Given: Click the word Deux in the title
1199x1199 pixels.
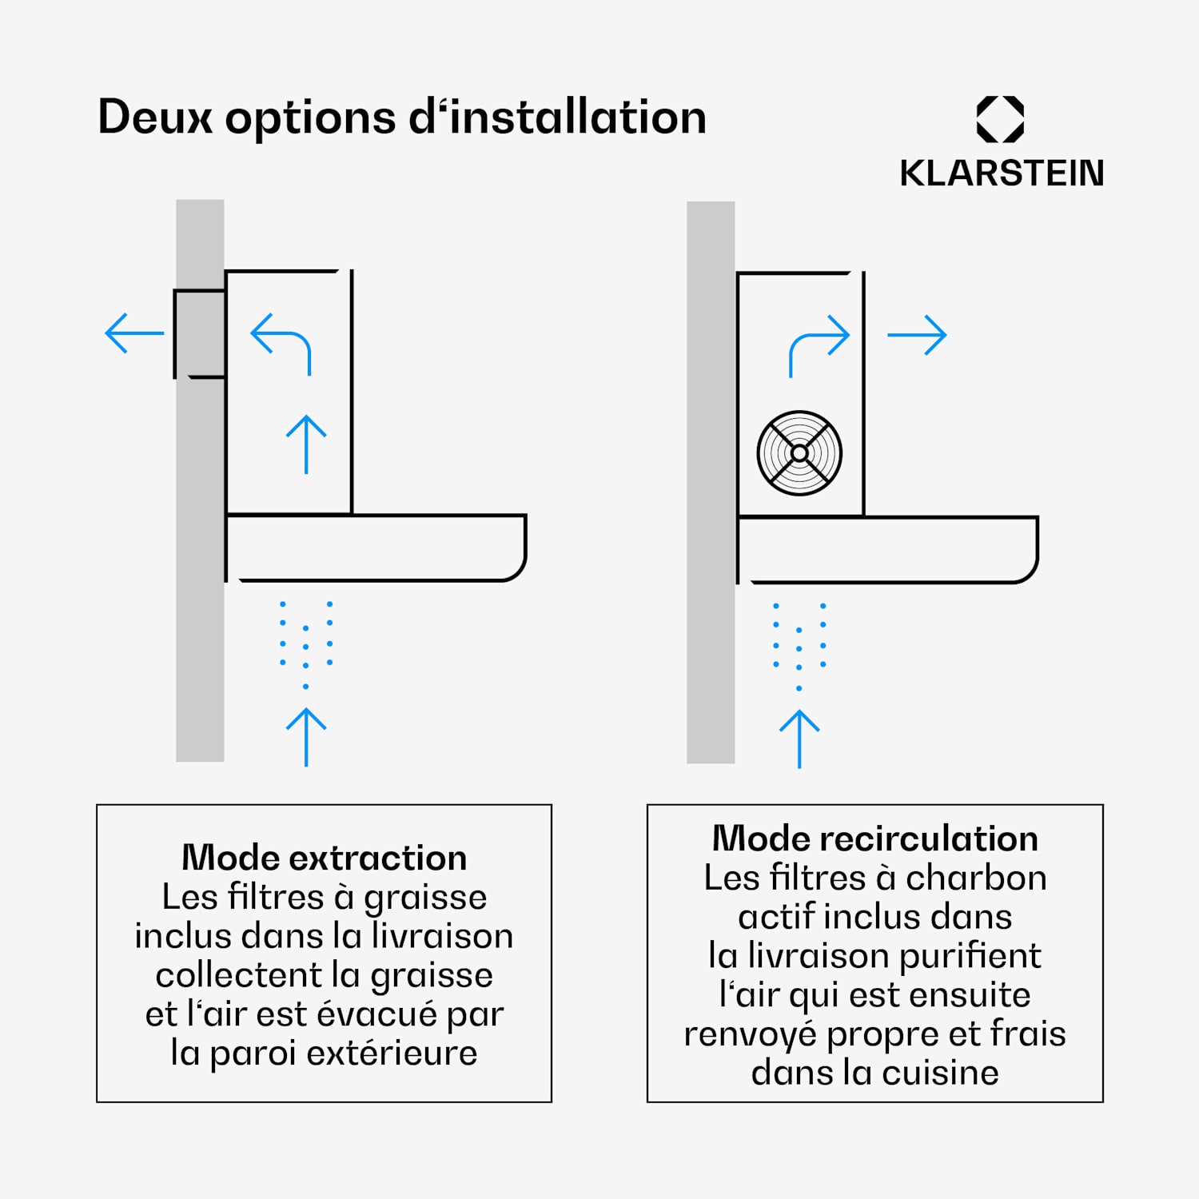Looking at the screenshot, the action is click(155, 117).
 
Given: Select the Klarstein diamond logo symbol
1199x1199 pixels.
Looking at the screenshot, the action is click(1001, 120).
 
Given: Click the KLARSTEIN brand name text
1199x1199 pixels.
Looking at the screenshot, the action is click(1002, 173).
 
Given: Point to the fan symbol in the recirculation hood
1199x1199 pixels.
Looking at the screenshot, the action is click(799, 453).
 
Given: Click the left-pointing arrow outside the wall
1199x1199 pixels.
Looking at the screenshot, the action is click(134, 333).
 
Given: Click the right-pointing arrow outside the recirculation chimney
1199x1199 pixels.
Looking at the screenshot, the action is click(917, 335).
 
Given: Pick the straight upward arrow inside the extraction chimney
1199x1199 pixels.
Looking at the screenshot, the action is click(306, 444).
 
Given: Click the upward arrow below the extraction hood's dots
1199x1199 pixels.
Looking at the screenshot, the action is click(306, 737).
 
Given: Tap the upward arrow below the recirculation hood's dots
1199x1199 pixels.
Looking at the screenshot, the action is click(799, 739).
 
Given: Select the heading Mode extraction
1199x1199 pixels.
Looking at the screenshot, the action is click(325, 858).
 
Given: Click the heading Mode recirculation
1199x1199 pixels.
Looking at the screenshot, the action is click(875, 839).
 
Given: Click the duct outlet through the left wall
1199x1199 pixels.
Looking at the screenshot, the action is click(200, 333).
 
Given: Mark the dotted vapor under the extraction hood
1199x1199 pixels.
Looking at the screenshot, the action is click(306, 643).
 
